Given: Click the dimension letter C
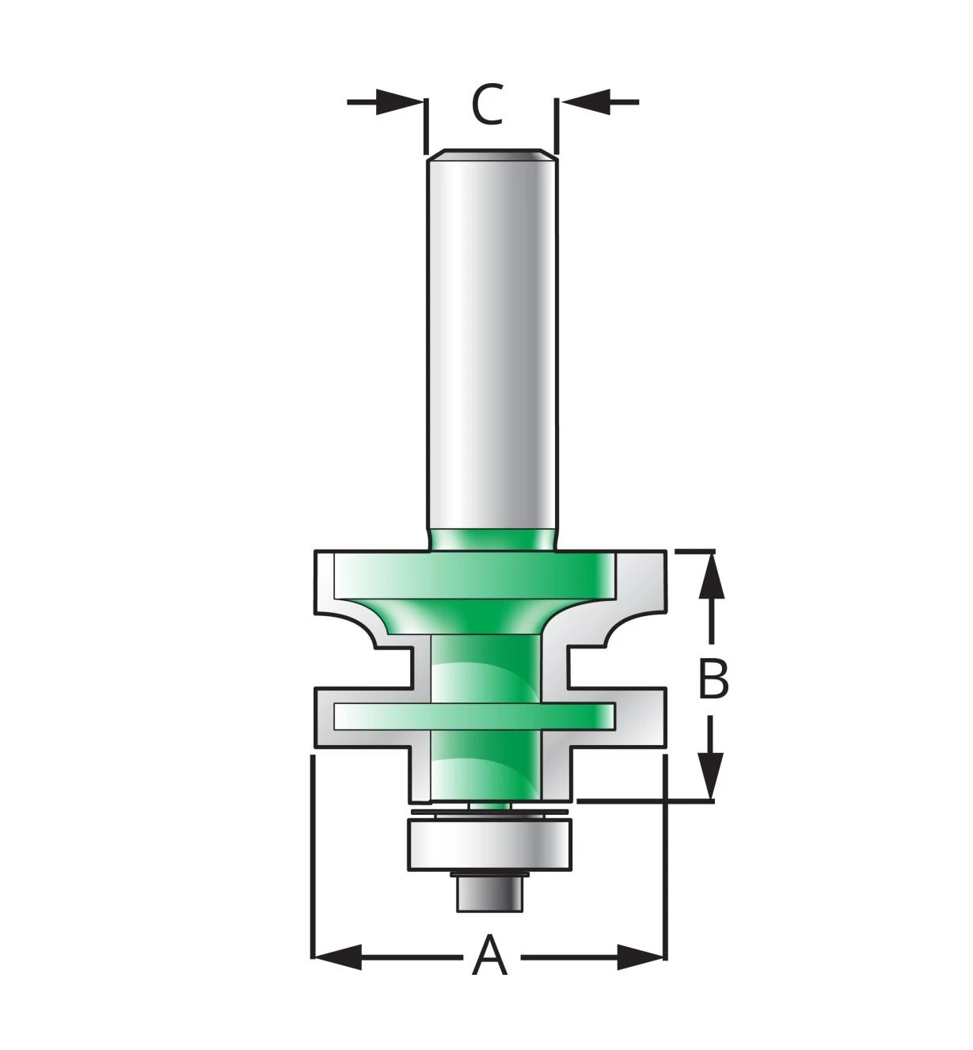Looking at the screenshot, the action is (x=486, y=105).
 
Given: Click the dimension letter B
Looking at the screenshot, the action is (x=713, y=679).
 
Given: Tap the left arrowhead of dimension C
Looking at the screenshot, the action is (x=400, y=101).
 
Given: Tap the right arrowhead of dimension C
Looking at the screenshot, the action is (x=586, y=101).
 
